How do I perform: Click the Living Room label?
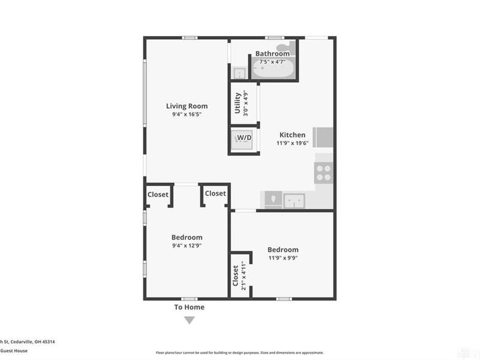click(x=187, y=106)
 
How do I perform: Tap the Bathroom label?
click(x=272, y=53)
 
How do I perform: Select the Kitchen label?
click(x=291, y=135)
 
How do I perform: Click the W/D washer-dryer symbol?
click(x=244, y=139)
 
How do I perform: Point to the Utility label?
click(x=238, y=103)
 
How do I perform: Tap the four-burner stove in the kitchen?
click(x=324, y=172)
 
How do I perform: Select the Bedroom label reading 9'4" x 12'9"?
click(x=187, y=237)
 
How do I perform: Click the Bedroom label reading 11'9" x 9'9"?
click(x=283, y=250)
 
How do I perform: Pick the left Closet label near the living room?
click(x=158, y=194)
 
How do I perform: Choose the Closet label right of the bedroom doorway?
click(x=215, y=193)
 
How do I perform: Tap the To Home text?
click(x=190, y=307)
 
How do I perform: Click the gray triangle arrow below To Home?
click(x=190, y=320)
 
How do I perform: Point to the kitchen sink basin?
click(x=294, y=200)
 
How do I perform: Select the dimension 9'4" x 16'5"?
click(x=187, y=114)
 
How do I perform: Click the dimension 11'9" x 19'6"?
click(x=291, y=143)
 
